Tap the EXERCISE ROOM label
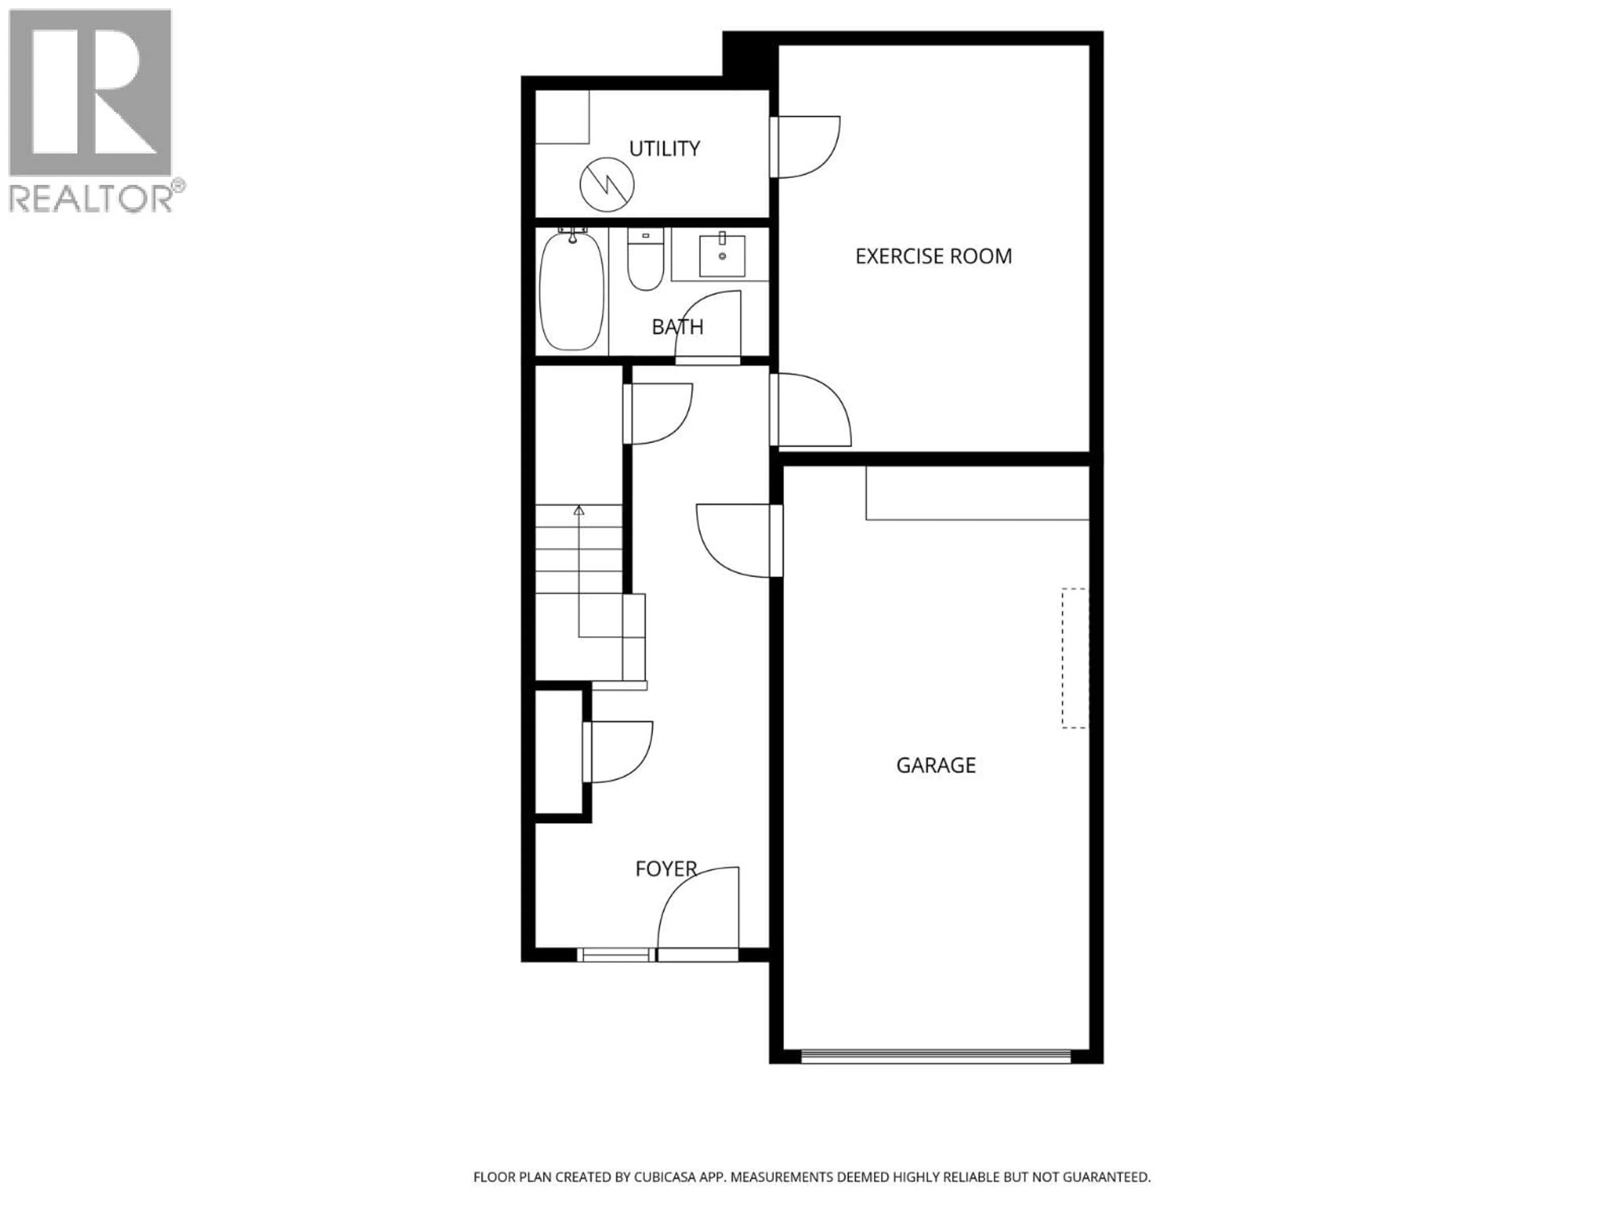coord(933,256)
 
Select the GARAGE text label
coord(935,766)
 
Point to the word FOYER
coord(665,869)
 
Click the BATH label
coord(677,327)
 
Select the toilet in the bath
coord(645,261)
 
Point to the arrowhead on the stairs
coord(579,510)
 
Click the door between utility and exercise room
coord(805,147)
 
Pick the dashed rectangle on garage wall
coord(1075,658)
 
